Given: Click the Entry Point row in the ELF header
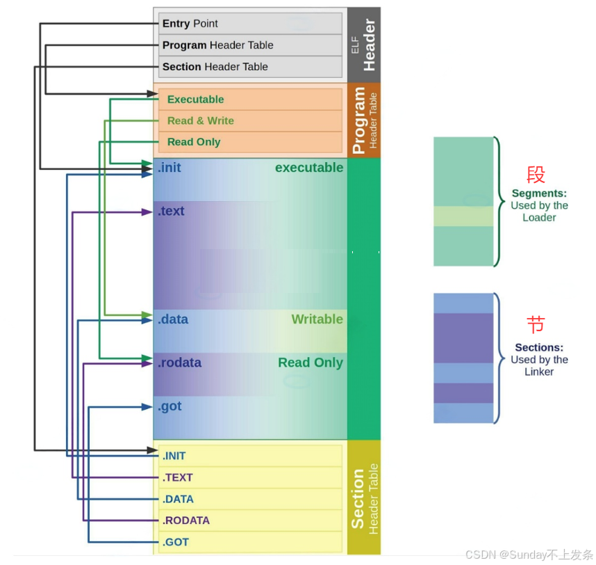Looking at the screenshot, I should point(250,24).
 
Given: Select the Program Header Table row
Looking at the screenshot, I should point(250,45).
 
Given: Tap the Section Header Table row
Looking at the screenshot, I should point(250,67).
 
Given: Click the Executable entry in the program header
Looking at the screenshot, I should point(250,100).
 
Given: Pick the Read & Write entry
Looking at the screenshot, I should point(250,120).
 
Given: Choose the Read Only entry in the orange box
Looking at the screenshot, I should point(250,142).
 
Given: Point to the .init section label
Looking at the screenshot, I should point(169,168).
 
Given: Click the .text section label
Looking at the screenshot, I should point(171,211).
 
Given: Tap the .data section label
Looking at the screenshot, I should point(172,319).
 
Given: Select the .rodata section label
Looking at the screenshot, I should point(179,363).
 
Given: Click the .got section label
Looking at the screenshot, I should point(169,406).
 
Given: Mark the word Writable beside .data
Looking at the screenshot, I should point(317,319).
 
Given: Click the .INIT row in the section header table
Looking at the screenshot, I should point(250,456).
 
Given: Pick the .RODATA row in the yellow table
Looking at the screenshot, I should point(250,520).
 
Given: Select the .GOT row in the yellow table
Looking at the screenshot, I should point(250,542).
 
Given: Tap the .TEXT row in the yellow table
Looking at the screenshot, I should point(250,477).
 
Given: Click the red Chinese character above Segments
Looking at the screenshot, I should point(536,174).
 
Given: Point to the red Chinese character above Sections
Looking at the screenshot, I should point(536,324).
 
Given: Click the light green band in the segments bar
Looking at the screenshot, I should point(463,216).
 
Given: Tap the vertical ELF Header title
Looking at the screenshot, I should point(365,45).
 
